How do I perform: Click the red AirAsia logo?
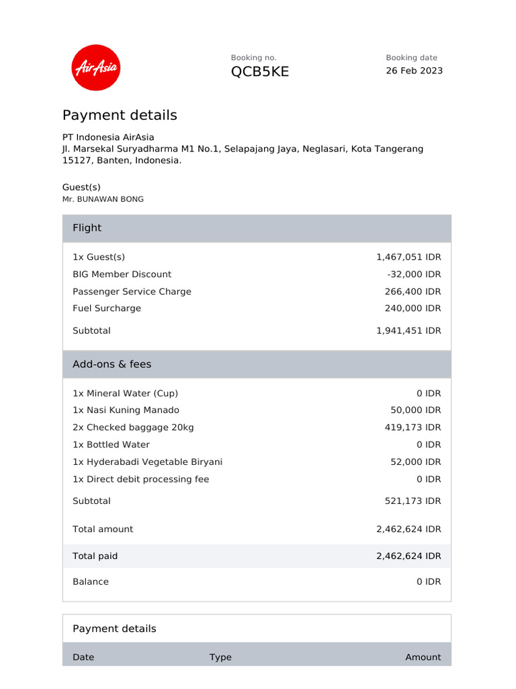coord(95,67)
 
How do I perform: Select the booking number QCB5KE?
coord(260,72)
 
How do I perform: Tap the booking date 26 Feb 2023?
coord(414,71)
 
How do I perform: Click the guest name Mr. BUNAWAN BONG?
coord(103,199)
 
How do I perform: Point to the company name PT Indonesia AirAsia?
coord(108,137)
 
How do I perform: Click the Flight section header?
coord(87,228)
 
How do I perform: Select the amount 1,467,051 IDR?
coord(408,257)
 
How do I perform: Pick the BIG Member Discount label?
coord(122,274)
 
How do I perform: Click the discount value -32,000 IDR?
coord(414,274)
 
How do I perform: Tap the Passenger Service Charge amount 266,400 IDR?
coord(413,291)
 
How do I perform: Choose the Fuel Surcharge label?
coord(107,308)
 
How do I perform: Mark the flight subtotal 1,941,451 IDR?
coord(408,330)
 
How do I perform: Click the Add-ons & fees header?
coord(112,364)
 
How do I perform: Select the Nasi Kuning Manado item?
coord(126,410)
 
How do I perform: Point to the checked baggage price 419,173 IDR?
coord(413,427)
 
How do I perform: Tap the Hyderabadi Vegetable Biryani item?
coord(147,462)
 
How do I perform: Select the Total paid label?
coord(95,556)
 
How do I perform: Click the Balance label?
coord(90,581)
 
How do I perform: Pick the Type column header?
coord(220,657)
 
